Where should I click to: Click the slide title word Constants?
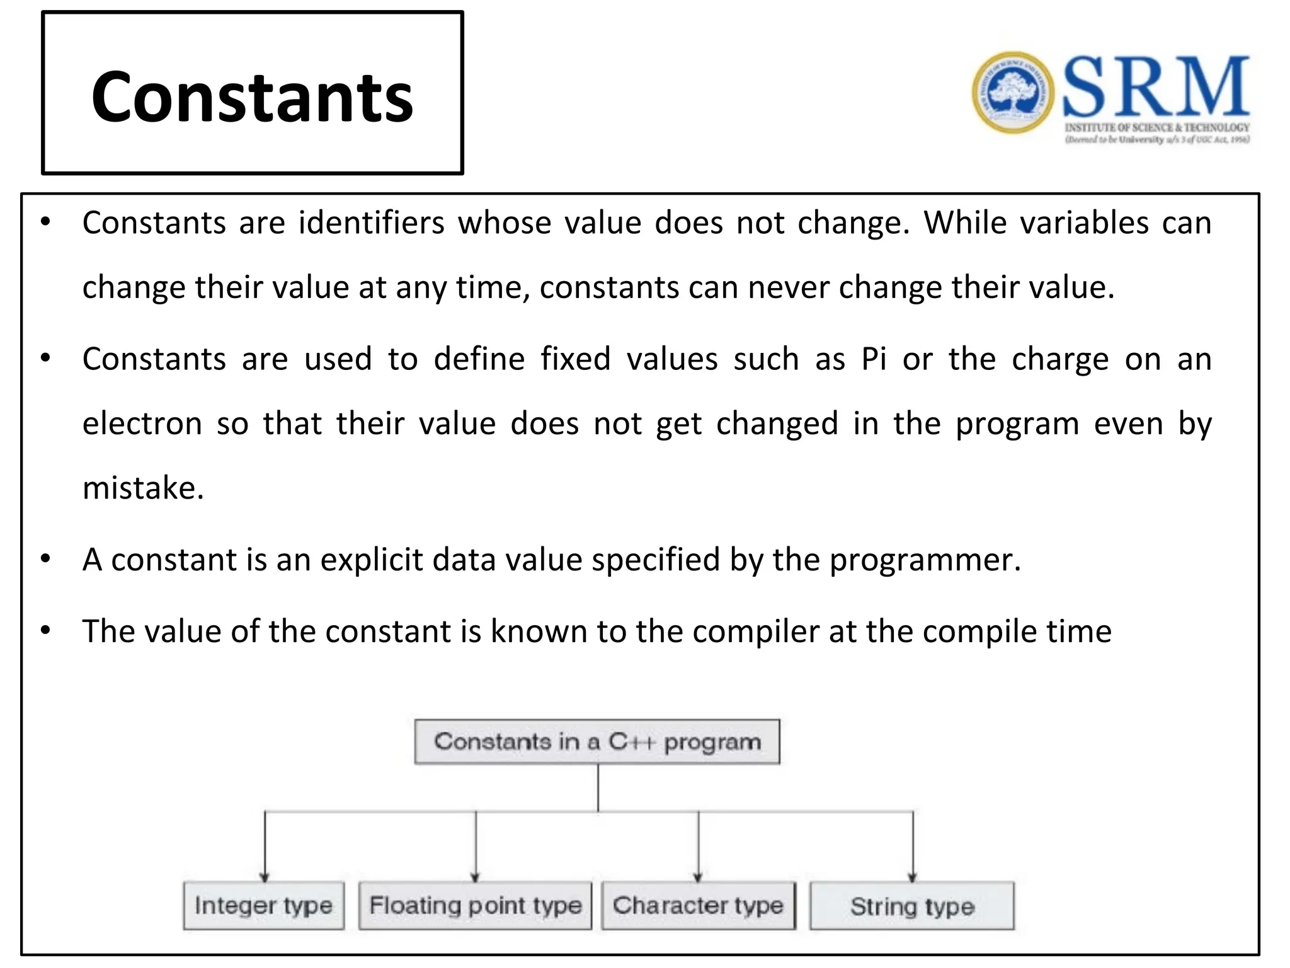point(252,98)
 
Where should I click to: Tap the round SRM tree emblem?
point(1012,93)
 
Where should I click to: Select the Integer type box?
point(263,906)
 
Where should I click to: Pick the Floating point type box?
point(475,906)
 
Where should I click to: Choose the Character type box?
point(698,906)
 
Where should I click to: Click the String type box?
point(911,906)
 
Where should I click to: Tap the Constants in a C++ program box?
point(596,742)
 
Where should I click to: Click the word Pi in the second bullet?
point(874,359)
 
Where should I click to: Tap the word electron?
point(142,423)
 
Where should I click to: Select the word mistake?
point(142,488)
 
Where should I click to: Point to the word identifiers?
point(372,223)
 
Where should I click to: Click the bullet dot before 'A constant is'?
point(45,558)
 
